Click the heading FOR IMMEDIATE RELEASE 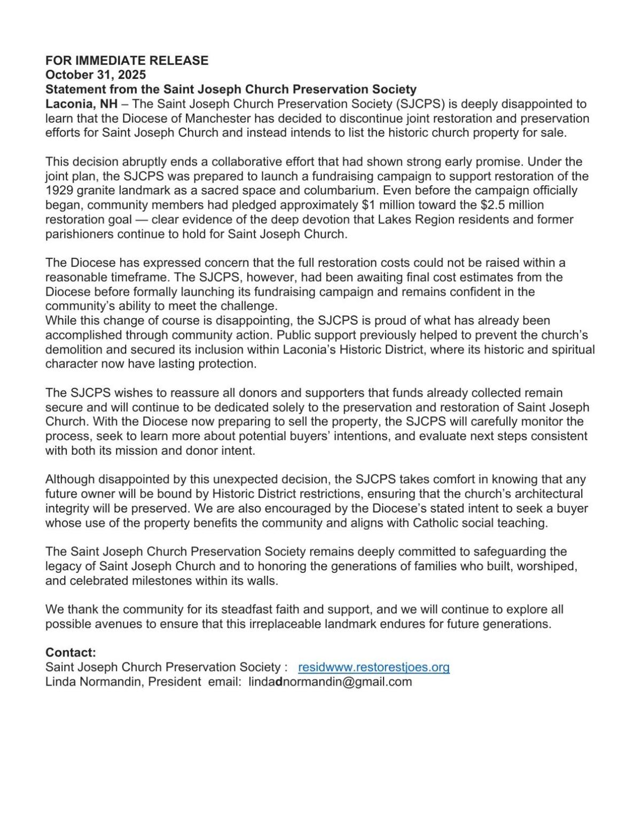(127, 60)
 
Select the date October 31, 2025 (95, 75)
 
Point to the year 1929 (59, 191)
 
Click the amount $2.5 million (511, 205)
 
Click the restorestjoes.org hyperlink (373, 667)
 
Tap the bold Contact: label (71, 652)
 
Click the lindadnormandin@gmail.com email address (330, 682)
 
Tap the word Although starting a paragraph (69, 479)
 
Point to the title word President (177, 682)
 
